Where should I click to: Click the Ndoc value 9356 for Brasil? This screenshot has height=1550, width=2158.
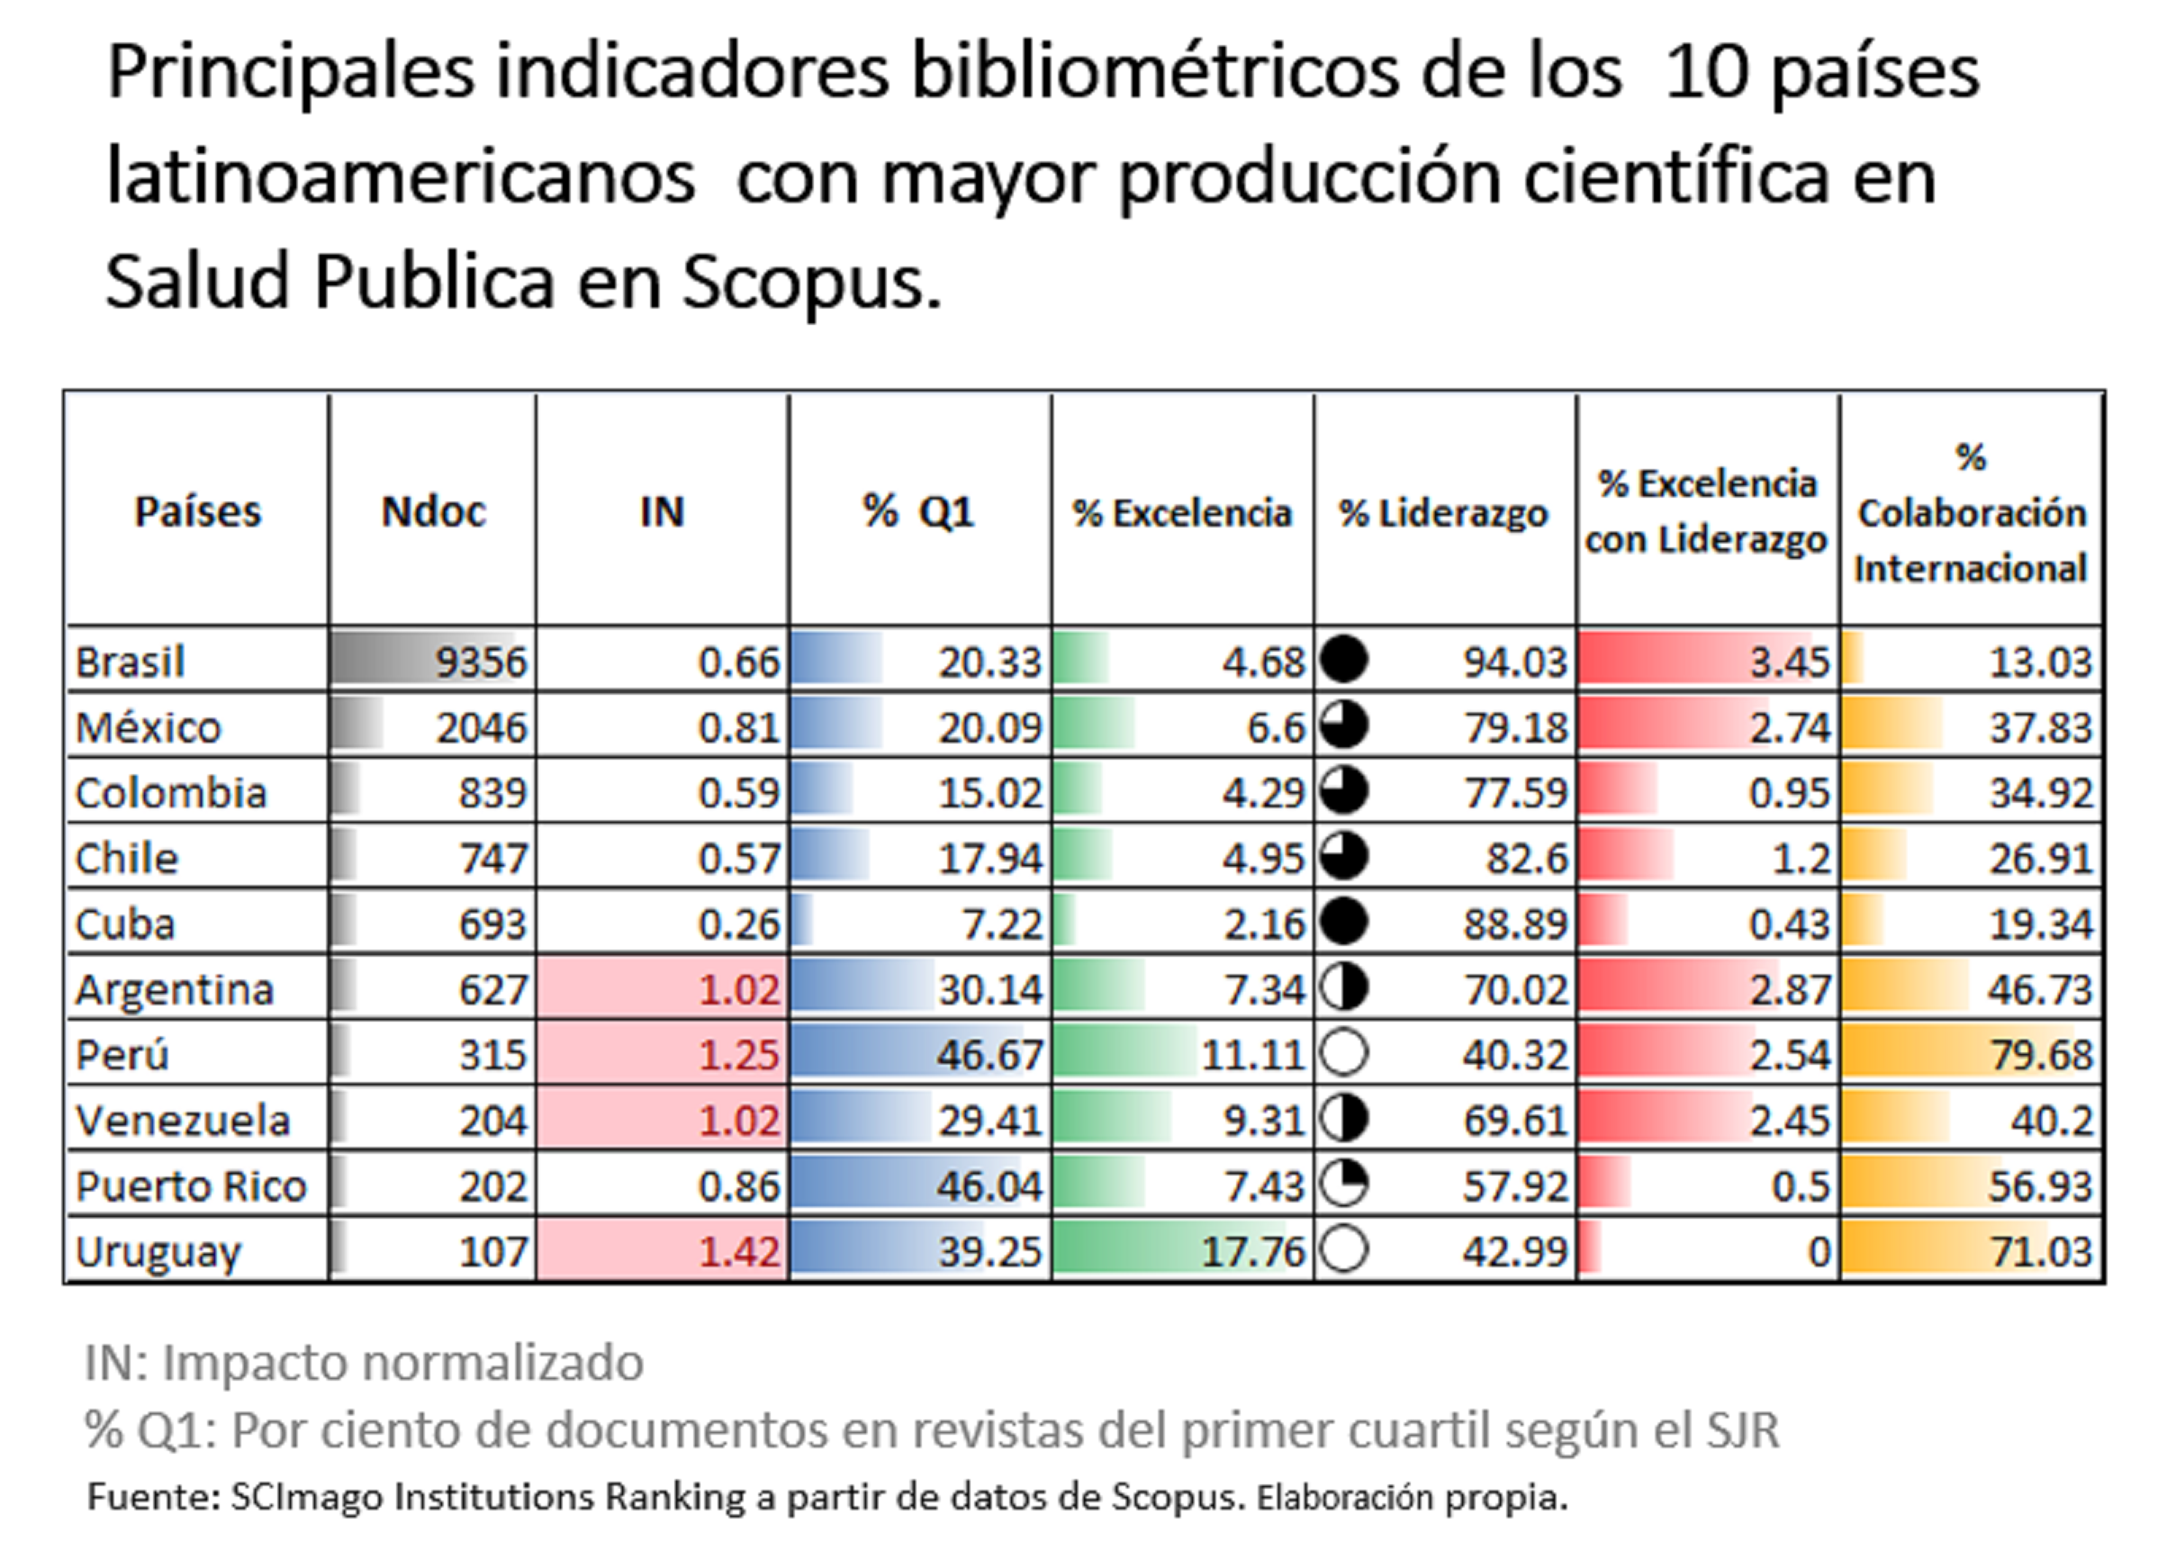(481, 662)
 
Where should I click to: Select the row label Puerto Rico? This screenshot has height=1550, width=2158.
(190, 1185)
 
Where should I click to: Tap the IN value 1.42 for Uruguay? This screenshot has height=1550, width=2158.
(739, 1251)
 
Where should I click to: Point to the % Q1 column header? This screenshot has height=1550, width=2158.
(919, 512)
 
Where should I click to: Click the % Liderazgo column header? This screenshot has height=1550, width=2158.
(1443, 513)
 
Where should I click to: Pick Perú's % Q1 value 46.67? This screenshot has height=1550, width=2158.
(989, 1054)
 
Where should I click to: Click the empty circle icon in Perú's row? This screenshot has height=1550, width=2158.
(1344, 1053)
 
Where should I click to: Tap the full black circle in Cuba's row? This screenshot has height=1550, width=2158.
(1344, 922)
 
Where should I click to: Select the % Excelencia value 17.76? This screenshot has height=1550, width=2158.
(1252, 1251)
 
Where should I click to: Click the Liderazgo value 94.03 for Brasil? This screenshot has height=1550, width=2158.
(1515, 662)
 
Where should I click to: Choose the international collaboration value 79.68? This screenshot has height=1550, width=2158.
(2040, 1054)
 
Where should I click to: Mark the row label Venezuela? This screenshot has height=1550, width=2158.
(183, 1120)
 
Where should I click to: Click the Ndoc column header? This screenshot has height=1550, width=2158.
(433, 512)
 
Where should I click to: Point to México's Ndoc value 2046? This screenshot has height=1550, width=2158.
(481, 728)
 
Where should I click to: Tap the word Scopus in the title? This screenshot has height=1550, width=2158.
(810, 282)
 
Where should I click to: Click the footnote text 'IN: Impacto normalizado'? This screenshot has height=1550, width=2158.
(365, 1363)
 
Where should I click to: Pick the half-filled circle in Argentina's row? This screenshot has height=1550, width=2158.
(1344, 987)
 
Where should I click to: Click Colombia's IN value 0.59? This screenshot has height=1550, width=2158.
(738, 793)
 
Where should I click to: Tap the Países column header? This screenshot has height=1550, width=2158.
(197, 512)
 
